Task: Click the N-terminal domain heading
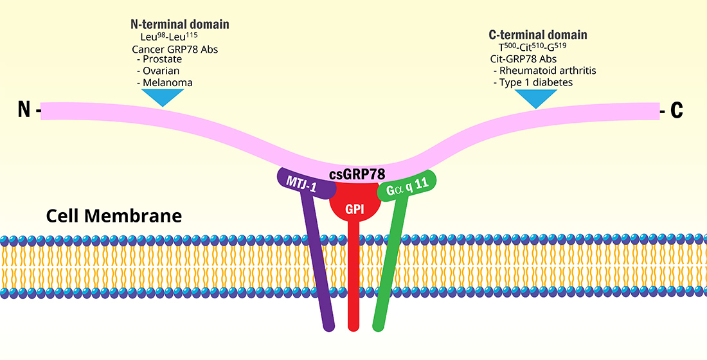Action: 179,24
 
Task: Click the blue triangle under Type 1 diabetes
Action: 536,97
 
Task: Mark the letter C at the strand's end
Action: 676,111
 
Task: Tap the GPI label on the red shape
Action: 353,209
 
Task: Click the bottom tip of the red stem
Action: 353,326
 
